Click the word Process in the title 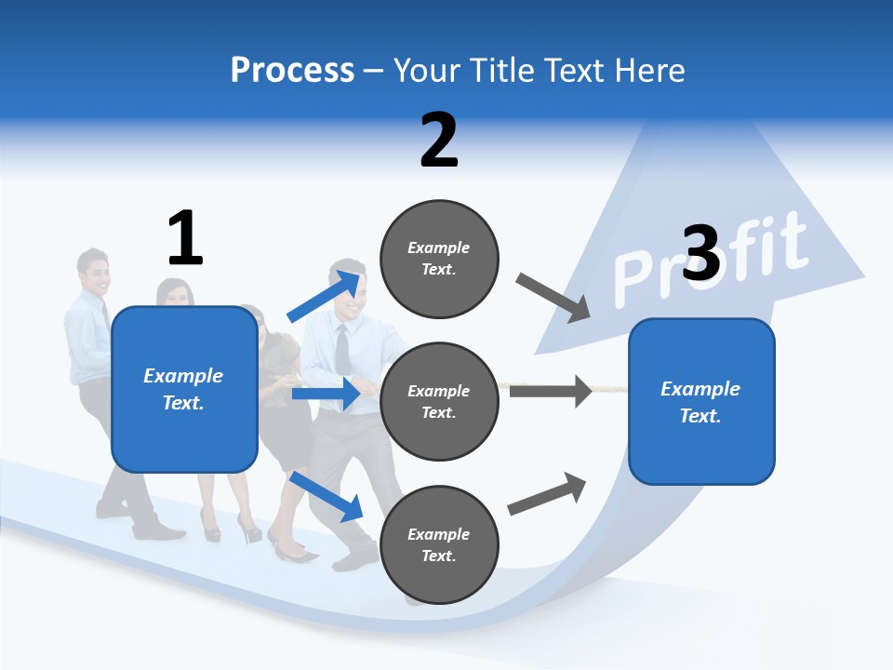coord(292,71)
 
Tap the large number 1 coord(185,238)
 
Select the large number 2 coord(439,140)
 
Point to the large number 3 coord(701,253)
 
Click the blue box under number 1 coord(184,389)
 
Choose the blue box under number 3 coord(701,401)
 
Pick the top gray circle coord(439,259)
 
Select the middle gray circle coord(439,401)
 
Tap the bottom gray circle coord(439,544)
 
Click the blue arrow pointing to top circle coord(326,296)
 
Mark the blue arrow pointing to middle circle coord(326,394)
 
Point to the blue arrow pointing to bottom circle coord(326,495)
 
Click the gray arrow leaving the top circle coord(553,298)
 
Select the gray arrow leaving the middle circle coord(551,391)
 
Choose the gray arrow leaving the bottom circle coord(547,493)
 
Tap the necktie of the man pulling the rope coord(342,349)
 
